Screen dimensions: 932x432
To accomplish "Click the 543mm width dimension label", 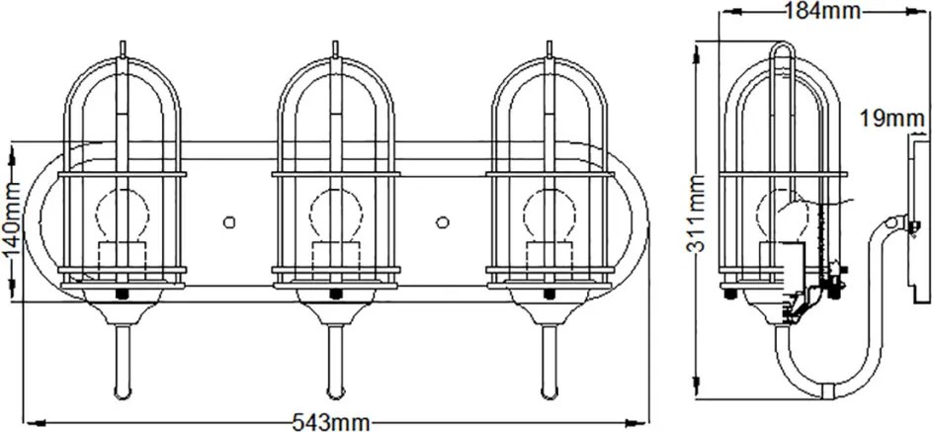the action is (x=331, y=422).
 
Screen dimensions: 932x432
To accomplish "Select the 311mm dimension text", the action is (x=696, y=214).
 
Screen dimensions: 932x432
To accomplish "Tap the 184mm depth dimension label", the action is (x=822, y=10).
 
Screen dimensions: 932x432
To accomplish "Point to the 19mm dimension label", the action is (x=891, y=119).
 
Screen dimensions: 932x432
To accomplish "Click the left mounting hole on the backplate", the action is (x=229, y=222).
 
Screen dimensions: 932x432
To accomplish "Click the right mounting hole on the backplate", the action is (x=442, y=222).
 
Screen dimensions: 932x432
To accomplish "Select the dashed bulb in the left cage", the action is (x=122, y=214).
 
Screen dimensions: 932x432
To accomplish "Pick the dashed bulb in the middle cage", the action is (x=336, y=214).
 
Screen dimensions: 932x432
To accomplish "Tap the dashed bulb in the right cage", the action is (x=550, y=214).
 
